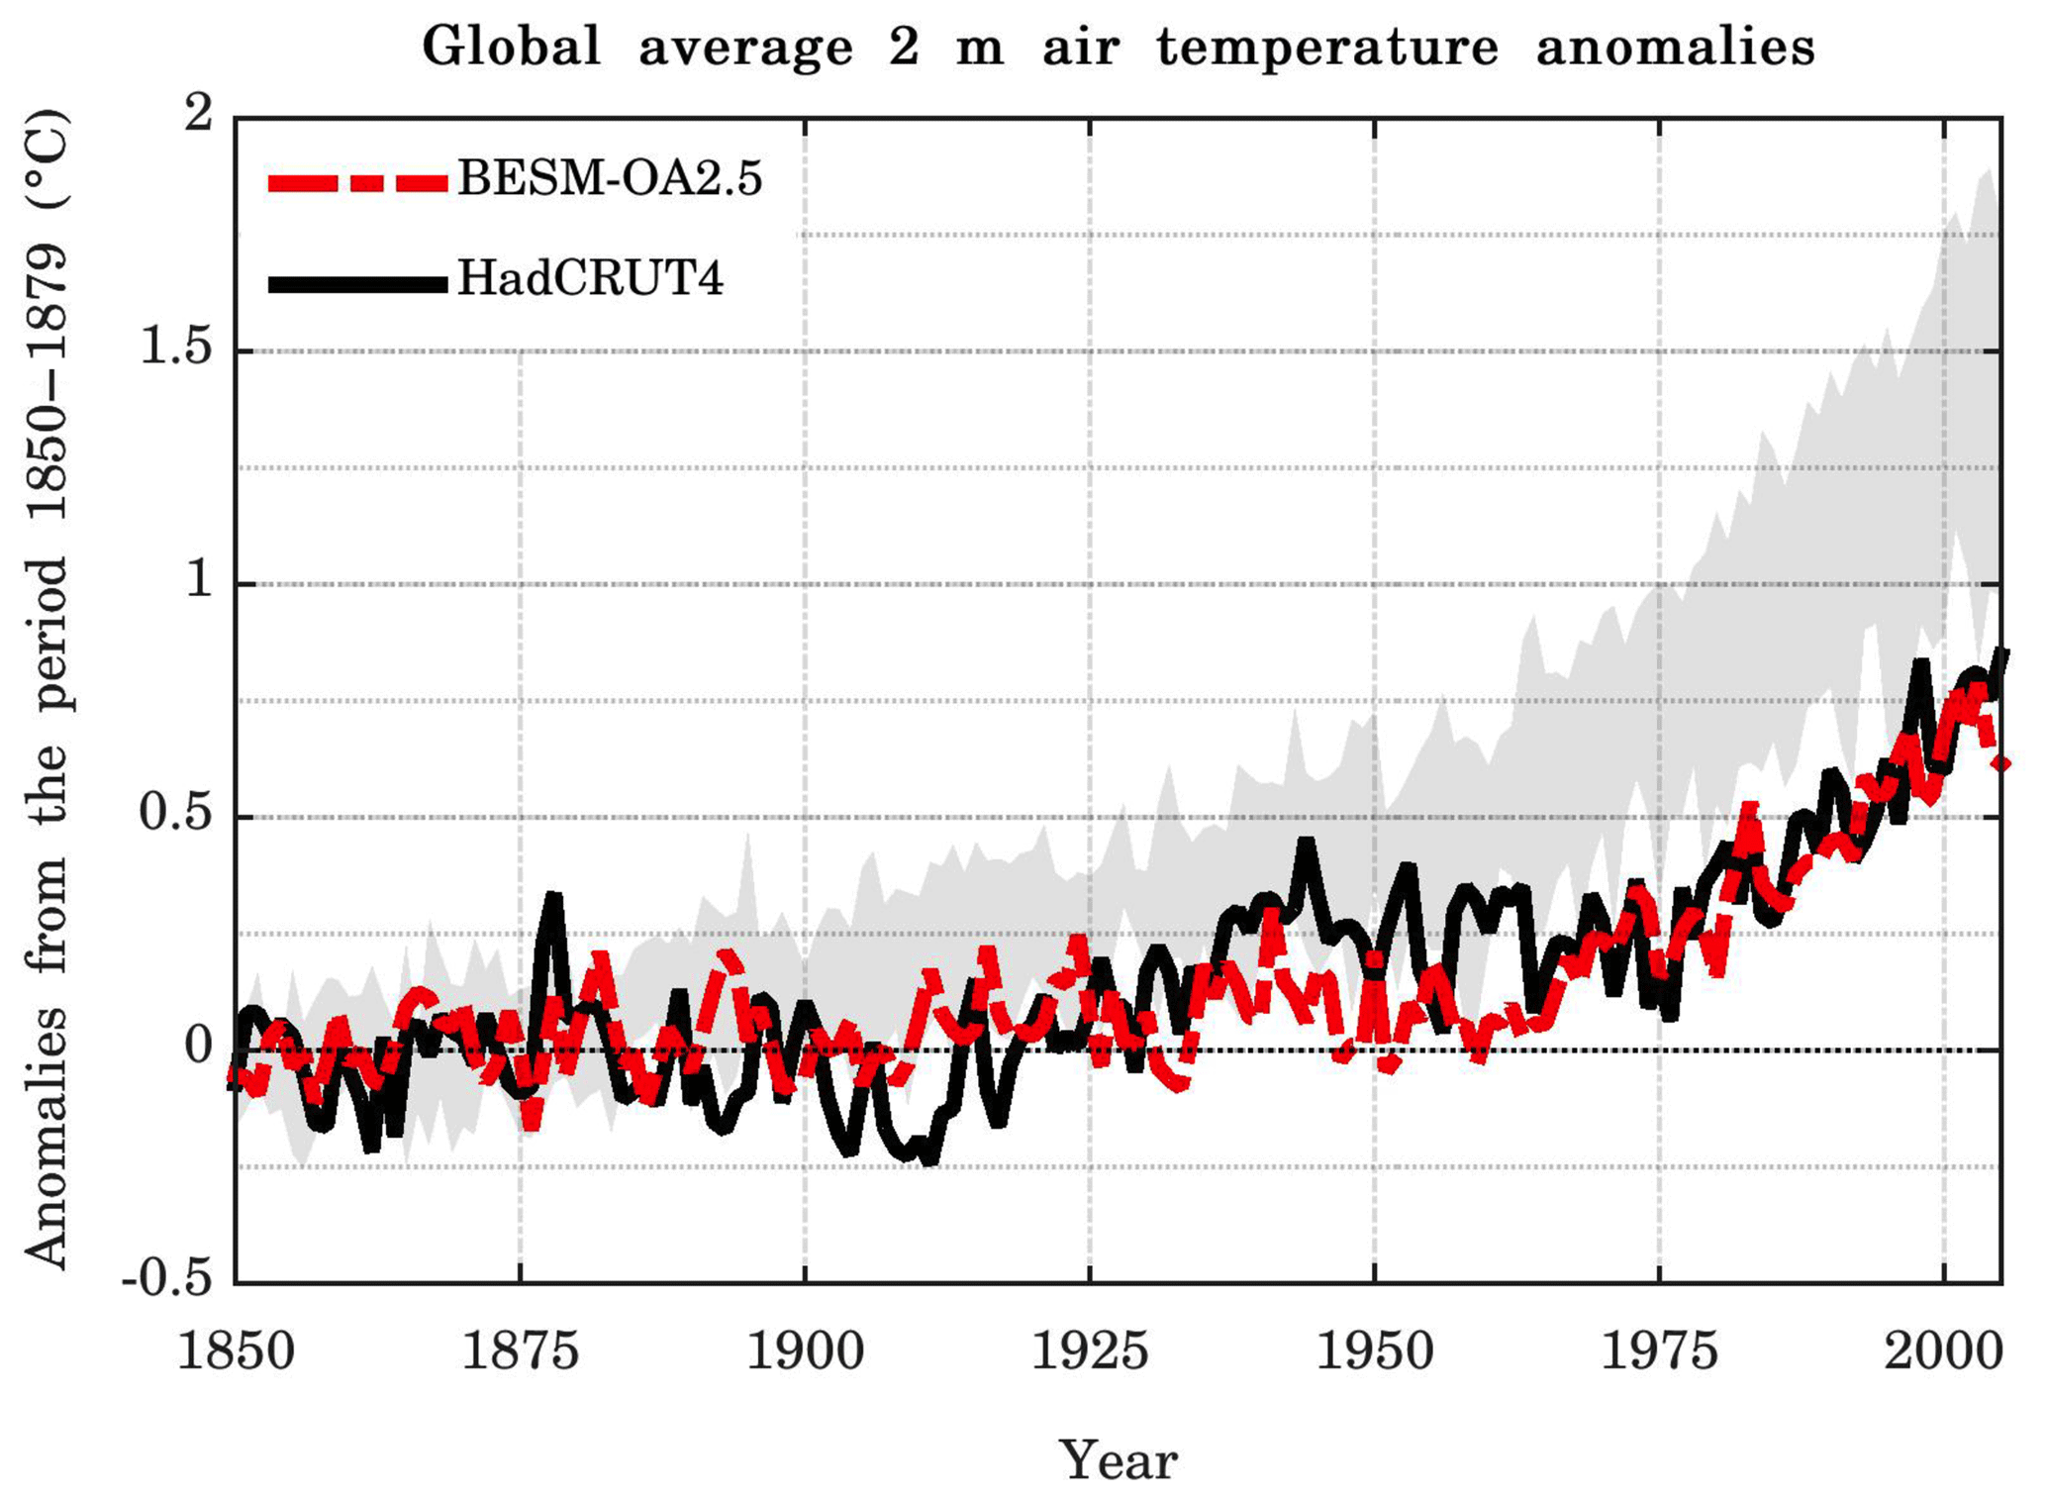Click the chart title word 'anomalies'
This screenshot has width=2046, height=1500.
click(1675, 47)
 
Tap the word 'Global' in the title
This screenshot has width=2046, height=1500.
click(512, 47)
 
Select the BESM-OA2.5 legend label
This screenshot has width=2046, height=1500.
click(610, 179)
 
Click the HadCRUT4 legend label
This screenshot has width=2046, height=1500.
click(590, 279)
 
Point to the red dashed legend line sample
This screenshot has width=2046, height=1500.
click(357, 182)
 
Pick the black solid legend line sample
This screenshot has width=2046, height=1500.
click(357, 284)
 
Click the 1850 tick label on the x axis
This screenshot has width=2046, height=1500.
click(236, 1350)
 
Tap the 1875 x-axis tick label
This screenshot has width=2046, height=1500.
click(521, 1350)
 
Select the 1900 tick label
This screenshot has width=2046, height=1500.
click(805, 1350)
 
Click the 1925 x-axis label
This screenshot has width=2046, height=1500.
click(1090, 1350)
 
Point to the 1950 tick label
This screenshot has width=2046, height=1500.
click(1374, 1350)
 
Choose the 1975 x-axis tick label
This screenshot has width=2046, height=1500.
click(1659, 1350)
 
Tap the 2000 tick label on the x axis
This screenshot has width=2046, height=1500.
click(1943, 1350)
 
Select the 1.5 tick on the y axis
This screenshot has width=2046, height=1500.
click(177, 349)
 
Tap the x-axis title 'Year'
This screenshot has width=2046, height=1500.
click(1119, 1460)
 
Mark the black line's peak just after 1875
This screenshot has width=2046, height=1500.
click(552, 898)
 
